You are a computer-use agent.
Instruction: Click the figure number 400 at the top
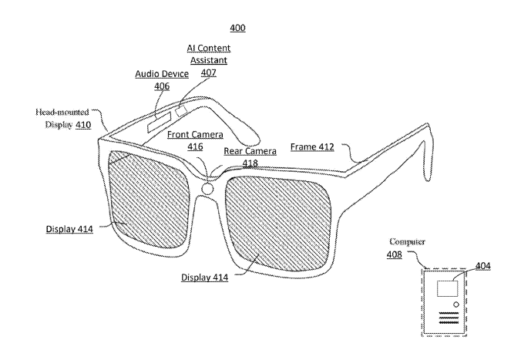(x=237, y=28)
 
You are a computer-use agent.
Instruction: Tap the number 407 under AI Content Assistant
(x=208, y=72)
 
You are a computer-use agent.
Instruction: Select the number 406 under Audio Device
(x=162, y=86)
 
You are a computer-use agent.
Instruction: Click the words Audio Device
(x=162, y=74)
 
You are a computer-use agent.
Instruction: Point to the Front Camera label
(x=195, y=135)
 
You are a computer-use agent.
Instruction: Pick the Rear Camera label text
(x=250, y=151)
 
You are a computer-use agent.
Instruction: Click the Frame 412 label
(x=312, y=147)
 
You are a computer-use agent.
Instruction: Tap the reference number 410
(x=83, y=125)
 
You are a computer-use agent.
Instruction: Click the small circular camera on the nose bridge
(x=207, y=189)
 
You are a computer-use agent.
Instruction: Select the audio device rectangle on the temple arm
(x=160, y=121)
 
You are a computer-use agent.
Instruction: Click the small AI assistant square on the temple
(x=181, y=110)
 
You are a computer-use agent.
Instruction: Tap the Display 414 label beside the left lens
(x=69, y=229)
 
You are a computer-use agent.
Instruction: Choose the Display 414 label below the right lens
(x=205, y=278)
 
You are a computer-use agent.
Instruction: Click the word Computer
(x=407, y=241)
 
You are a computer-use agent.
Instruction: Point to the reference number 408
(x=394, y=254)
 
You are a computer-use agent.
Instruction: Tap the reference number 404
(x=482, y=266)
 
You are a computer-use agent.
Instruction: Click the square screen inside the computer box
(x=447, y=288)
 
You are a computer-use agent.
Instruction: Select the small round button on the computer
(x=456, y=304)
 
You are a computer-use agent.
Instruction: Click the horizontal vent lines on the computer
(x=449, y=318)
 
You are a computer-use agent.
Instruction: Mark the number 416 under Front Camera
(x=195, y=146)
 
